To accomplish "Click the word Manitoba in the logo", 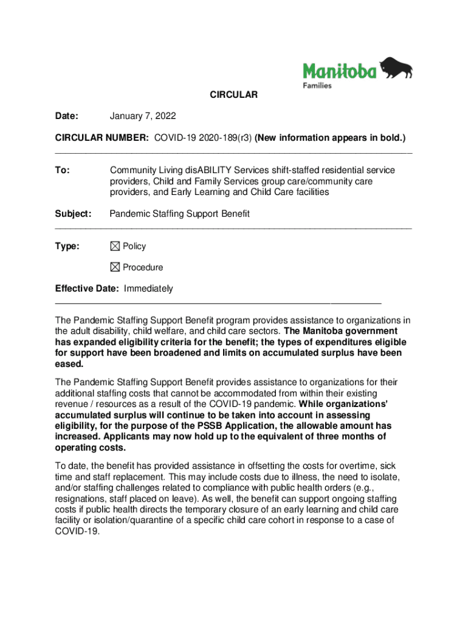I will click(x=340, y=71).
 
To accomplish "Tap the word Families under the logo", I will click(x=317, y=86).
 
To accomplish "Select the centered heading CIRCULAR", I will click(x=234, y=95).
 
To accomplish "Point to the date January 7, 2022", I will click(x=143, y=115).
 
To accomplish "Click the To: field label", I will click(x=63, y=171).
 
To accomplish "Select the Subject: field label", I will click(x=73, y=214).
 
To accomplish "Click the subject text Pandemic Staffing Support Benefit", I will click(x=179, y=214).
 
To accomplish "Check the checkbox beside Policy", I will click(x=115, y=246).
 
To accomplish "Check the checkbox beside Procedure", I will click(x=115, y=267).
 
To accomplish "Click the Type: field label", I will click(x=67, y=246).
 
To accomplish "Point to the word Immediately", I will click(x=148, y=289).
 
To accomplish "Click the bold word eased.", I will click(x=69, y=364).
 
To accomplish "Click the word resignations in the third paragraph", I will click(x=78, y=498).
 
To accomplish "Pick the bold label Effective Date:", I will click(x=87, y=289).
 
